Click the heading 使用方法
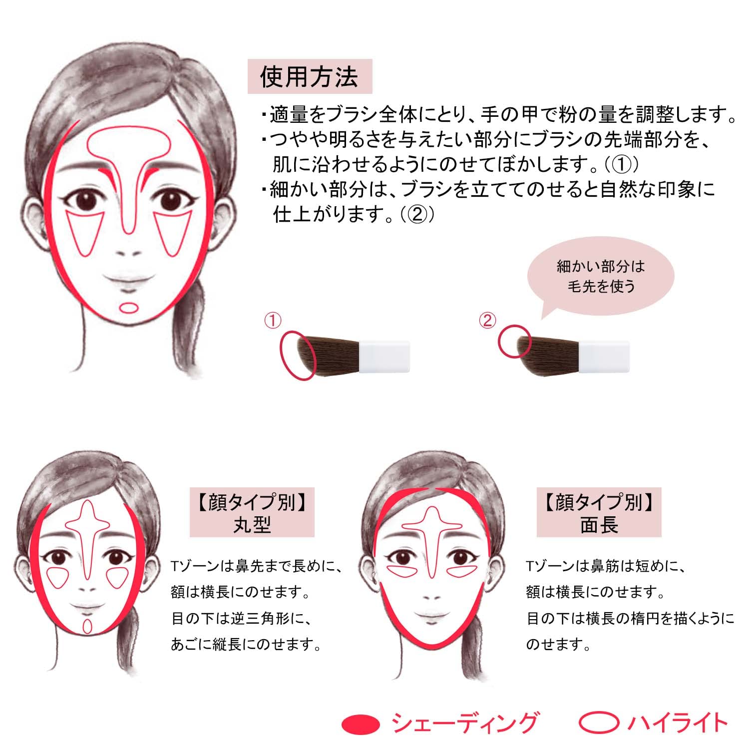coord(309,77)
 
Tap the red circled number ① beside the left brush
coord(273,321)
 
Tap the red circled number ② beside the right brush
coord(487,321)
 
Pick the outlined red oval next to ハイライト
coord(599,723)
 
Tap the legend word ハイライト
coord(677,723)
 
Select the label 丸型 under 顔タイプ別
coord(252,525)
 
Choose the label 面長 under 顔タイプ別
coord(599,525)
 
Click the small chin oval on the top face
coord(128,308)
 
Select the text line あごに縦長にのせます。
coord(246,644)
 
